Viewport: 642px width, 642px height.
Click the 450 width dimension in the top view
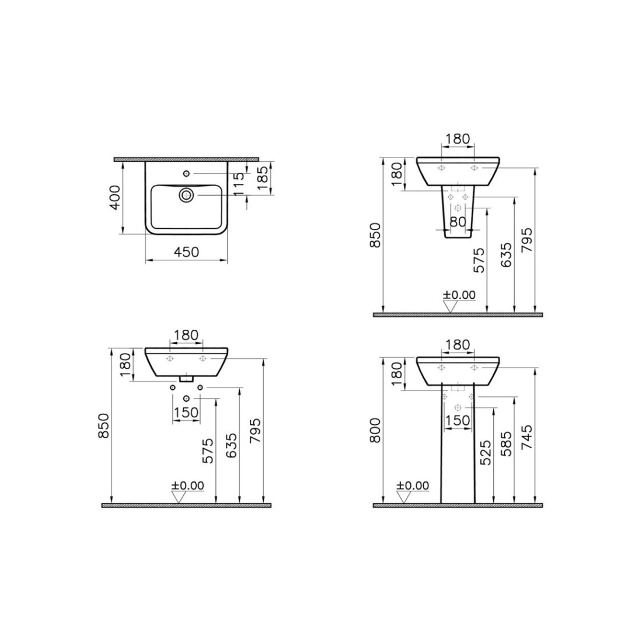click(186, 252)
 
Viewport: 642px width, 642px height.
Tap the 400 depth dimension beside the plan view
click(115, 197)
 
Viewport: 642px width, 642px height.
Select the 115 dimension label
click(239, 183)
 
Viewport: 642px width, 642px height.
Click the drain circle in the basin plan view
click(186, 195)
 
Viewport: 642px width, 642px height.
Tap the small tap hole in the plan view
click(186, 173)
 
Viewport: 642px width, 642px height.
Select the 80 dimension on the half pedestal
click(458, 222)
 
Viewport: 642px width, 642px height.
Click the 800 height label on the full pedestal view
click(375, 430)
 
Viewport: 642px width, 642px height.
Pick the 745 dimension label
click(527, 437)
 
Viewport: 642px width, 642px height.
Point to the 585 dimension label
click(507, 444)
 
